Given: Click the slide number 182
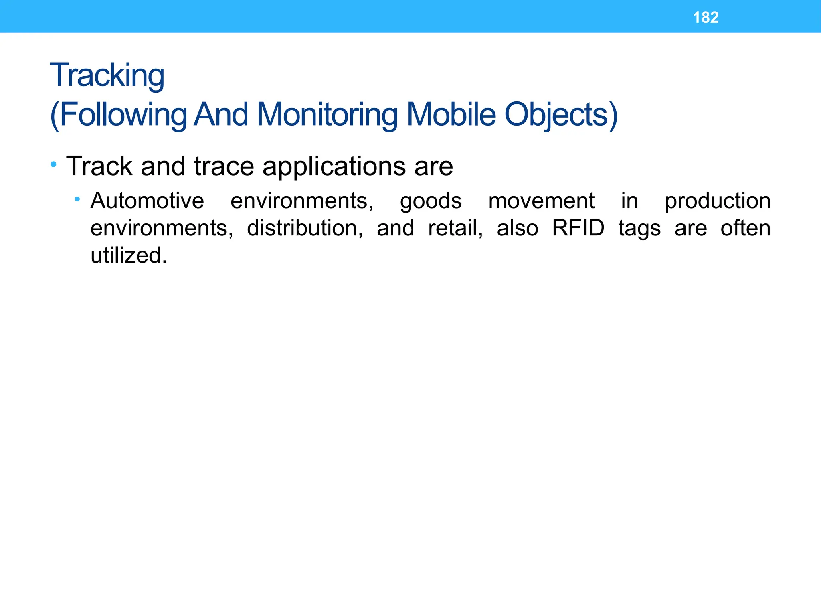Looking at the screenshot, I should coord(706,18).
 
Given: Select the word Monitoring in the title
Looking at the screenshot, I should coord(327,115).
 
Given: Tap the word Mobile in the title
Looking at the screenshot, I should coord(451,115).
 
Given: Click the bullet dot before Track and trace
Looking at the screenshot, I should coord(53,164).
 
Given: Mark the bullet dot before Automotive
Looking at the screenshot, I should coord(77,199).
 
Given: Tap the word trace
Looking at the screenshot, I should coord(224,166).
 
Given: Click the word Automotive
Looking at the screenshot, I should coord(147,201).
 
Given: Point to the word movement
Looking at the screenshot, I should coord(541,201).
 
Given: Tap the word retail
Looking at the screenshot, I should coord(455,228).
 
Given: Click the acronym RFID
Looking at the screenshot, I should coord(578,228).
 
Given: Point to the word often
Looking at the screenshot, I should coord(745,228).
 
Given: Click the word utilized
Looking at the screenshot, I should coord(128,255).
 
